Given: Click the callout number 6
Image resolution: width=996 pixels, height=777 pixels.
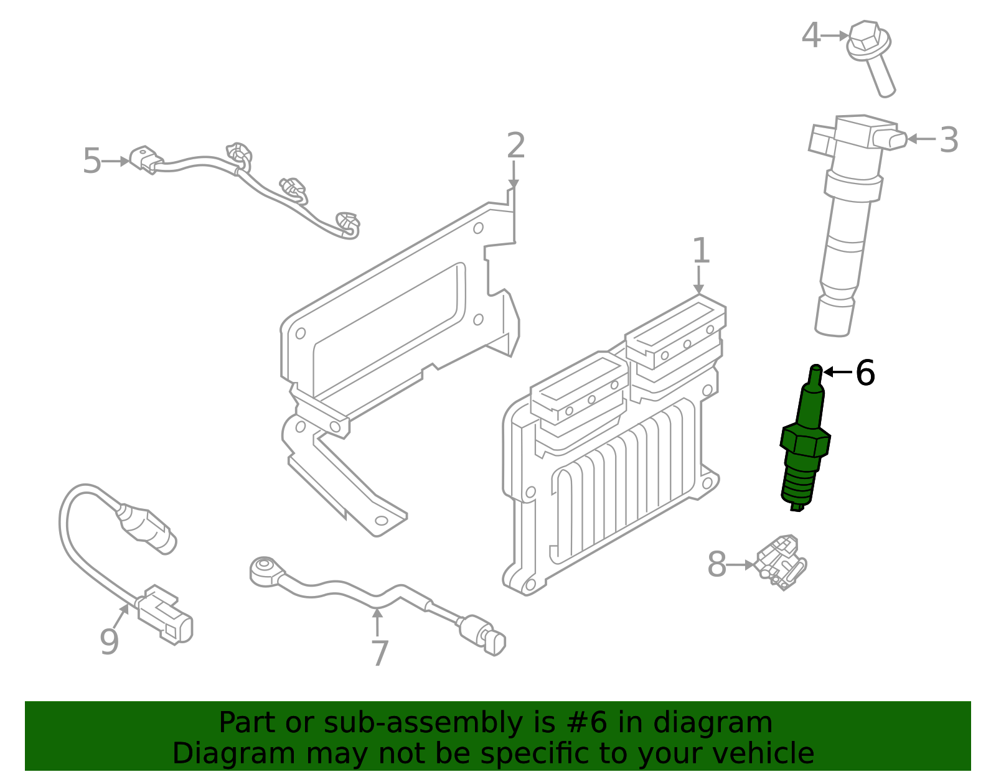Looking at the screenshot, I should point(865,373).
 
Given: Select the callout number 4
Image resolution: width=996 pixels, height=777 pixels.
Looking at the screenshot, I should point(810,35).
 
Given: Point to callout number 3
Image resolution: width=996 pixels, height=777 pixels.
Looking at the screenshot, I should point(948,140).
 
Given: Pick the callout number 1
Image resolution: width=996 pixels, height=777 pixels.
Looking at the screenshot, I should point(701,251).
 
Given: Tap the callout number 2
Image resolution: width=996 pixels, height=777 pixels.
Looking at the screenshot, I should point(515,146).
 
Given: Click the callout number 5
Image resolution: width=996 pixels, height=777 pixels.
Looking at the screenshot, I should point(92,161).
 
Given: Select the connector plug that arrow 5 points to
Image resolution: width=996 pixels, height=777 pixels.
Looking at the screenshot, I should point(146,159).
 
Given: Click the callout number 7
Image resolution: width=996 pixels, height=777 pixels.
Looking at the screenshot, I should point(379,653).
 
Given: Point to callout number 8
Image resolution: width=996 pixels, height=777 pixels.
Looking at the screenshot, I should point(716,565).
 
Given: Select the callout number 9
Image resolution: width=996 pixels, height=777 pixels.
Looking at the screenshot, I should point(109,642).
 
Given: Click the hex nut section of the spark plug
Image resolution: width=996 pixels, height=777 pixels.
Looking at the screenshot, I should point(805,440).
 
